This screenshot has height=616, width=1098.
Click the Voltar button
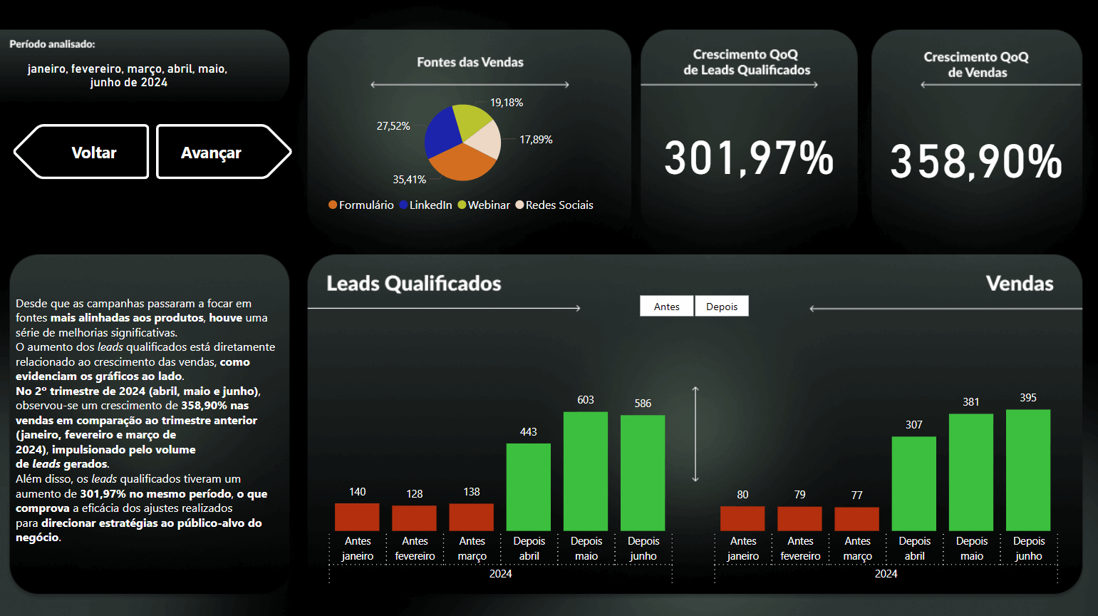[82, 152]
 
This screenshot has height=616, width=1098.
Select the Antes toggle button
[666, 307]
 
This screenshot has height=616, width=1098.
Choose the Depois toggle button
[722, 307]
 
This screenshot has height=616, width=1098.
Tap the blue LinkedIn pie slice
[441, 133]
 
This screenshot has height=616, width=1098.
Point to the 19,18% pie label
[507, 103]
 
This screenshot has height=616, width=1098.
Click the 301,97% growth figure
[748, 158]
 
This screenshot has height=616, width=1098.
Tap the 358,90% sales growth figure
[976, 161]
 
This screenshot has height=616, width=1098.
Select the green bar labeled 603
[586, 471]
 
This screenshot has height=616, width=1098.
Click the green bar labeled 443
[528, 486]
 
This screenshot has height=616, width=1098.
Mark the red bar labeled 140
[357, 517]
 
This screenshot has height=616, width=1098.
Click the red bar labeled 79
[799, 518]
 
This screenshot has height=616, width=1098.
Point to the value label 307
[914, 425]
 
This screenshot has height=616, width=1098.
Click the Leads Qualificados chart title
[414, 284]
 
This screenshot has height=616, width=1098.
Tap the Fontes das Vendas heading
[470, 63]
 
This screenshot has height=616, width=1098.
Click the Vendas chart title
[1020, 284]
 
